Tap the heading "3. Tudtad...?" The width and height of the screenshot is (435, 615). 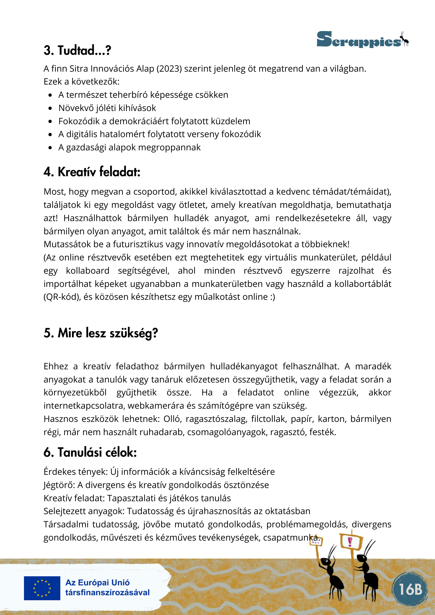(x=77, y=50)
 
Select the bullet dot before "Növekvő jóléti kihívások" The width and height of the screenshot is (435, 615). (x=50, y=108)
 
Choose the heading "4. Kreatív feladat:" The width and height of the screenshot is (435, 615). (x=92, y=172)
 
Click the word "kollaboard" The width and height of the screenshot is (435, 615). (x=88, y=271)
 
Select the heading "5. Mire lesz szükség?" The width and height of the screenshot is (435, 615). (x=101, y=333)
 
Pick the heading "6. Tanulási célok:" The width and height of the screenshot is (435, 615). (x=90, y=452)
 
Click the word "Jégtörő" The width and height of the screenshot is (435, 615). (x=59, y=485)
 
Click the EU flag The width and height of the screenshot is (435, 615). (x=42, y=588)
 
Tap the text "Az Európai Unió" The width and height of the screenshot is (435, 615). (x=98, y=583)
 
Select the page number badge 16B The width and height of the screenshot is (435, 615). (x=410, y=589)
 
